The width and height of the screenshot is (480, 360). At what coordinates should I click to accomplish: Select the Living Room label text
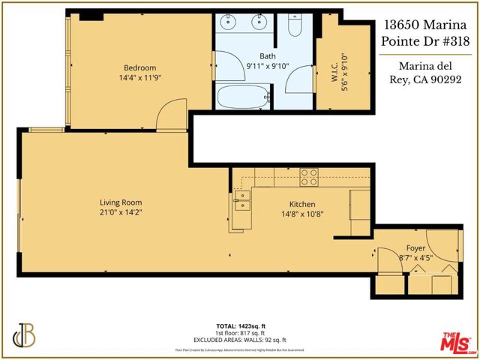[x=121, y=202]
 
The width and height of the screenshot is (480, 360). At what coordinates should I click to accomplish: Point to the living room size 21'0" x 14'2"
[x=121, y=213]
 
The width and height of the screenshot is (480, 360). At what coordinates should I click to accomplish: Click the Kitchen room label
[x=302, y=204]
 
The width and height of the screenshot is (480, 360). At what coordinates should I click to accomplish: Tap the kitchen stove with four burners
[x=309, y=178]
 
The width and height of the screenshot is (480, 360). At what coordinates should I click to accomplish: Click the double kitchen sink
[x=241, y=199]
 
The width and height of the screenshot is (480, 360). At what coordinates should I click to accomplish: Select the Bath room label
[x=268, y=56]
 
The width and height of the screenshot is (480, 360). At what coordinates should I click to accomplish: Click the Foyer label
[x=415, y=248]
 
